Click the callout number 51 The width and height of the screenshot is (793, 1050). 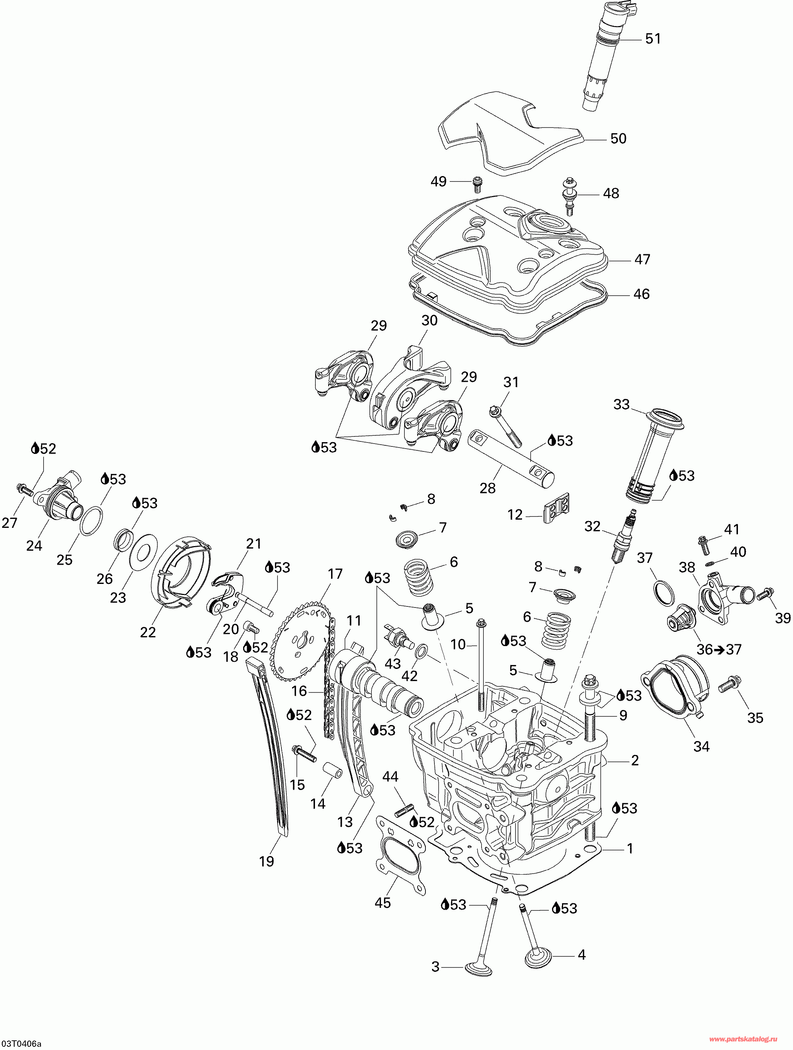(x=653, y=39)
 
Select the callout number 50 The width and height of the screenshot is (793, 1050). (x=618, y=139)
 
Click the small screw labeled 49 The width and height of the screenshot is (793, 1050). (x=477, y=184)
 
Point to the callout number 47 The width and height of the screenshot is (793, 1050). (x=642, y=259)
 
